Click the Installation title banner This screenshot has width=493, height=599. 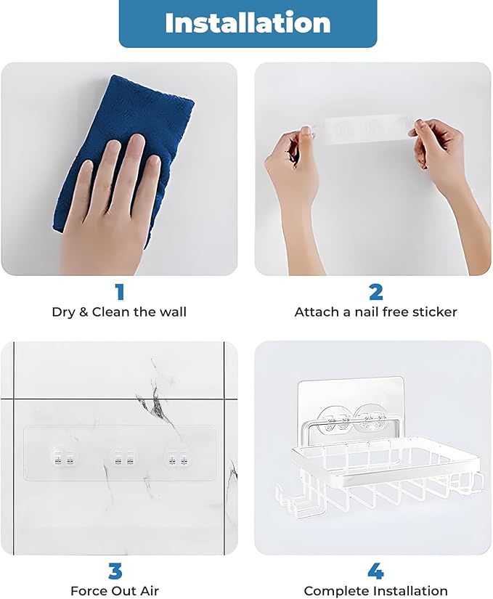pyautogui.click(x=248, y=23)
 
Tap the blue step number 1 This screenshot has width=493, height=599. pyautogui.click(x=120, y=292)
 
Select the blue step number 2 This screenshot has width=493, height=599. pyautogui.click(x=375, y=292)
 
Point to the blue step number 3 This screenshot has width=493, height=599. pyautogui.click(x=115, y=571)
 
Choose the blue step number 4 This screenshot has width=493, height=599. pyautogui.click(x=375, y=571)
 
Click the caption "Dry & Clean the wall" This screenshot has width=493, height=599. pyautogui.click(x=119, y=312)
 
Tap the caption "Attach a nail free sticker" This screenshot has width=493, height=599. pyautogui.click(x=375, y=312)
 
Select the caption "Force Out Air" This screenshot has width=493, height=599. pyautogui.click(x=115, y=591)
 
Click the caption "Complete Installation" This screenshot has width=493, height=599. pyautogui.click(x=375, y=591)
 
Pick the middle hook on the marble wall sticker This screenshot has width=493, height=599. pyautogui.click(x=119, y=457)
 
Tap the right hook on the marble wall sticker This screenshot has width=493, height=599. pyautogui.click(x=176, y=457)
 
